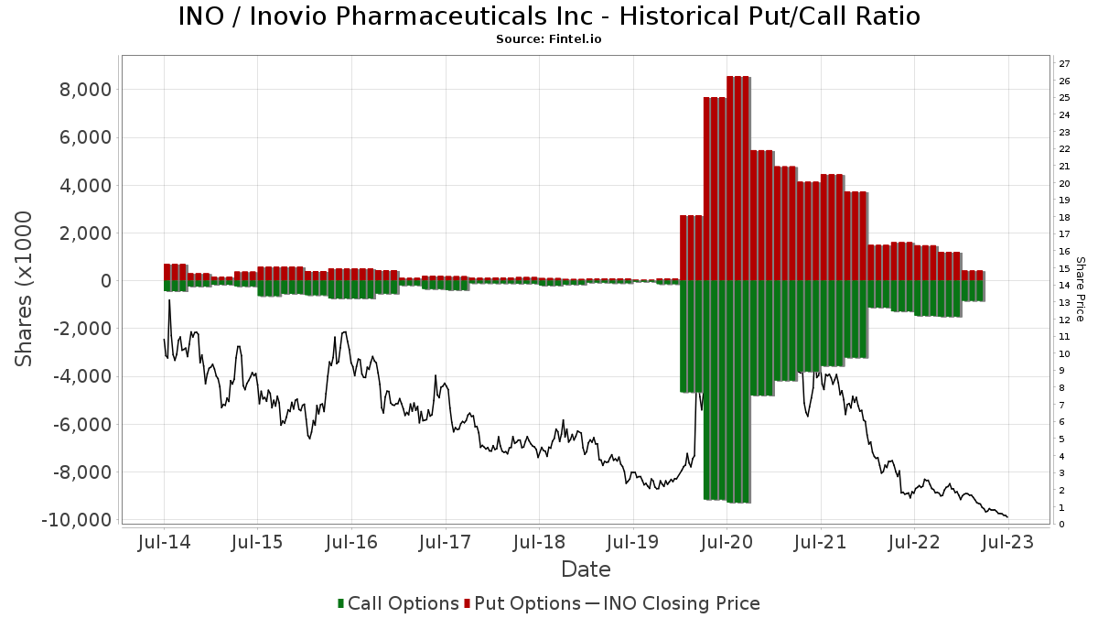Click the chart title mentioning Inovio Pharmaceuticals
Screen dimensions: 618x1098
click(549, 16)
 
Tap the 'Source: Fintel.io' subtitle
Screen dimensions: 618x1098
click(549, 39)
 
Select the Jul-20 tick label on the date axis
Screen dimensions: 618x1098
click(727, 542)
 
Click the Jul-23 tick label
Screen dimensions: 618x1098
click(1007, 542)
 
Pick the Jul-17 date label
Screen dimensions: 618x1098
click(445, 542)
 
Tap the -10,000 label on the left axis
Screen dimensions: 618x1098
click(77, 520)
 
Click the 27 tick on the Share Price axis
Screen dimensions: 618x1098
click(1064, 64)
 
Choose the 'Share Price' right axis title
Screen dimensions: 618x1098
click(1080, 288)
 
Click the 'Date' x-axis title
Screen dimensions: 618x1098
click(586, 569)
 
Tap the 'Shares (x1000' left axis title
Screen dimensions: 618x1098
click(25, 288)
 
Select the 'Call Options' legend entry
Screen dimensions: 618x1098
click(398, 603)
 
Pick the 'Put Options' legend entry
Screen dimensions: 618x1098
click(522, 603)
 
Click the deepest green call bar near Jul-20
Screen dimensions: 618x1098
click(738, 394)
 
